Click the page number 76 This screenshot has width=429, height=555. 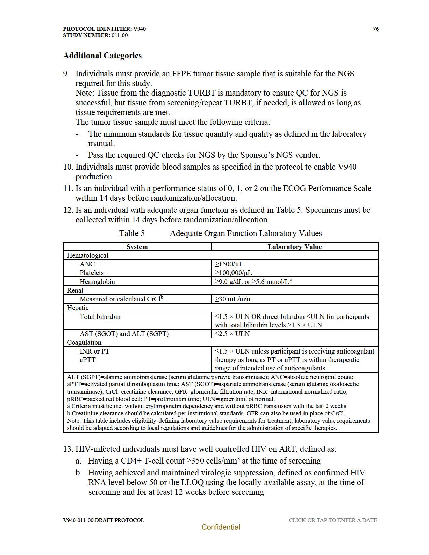click(x=376, y=29)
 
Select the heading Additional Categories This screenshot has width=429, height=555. click(x=102, y=55)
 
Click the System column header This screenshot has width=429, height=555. click(x=137, y=247)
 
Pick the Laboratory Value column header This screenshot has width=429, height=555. click(x=294, y=247)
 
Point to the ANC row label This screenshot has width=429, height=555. click(x=87, y=264)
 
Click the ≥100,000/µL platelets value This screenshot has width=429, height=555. click(x=233, y=273)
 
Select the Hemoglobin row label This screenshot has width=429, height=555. click(x=97, y=282)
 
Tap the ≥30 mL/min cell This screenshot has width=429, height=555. click(x=233, y=299)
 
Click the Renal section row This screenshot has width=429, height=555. click(x=75, y=290)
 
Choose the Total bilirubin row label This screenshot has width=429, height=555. click(x=100, y=317)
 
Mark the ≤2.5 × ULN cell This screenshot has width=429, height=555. click(x=232, y=334)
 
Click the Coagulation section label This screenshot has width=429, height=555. click(x=84, y=342)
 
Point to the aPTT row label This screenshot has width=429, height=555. click(x=87, y=360)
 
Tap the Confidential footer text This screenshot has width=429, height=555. click(x=221, y=527)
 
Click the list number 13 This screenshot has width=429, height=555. click(x=68, y=449)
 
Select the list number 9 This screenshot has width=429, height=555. click(x=66, y=74)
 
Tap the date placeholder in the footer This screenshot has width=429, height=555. click(x=333, y=520)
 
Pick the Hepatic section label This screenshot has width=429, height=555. click(x=78, y=308)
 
